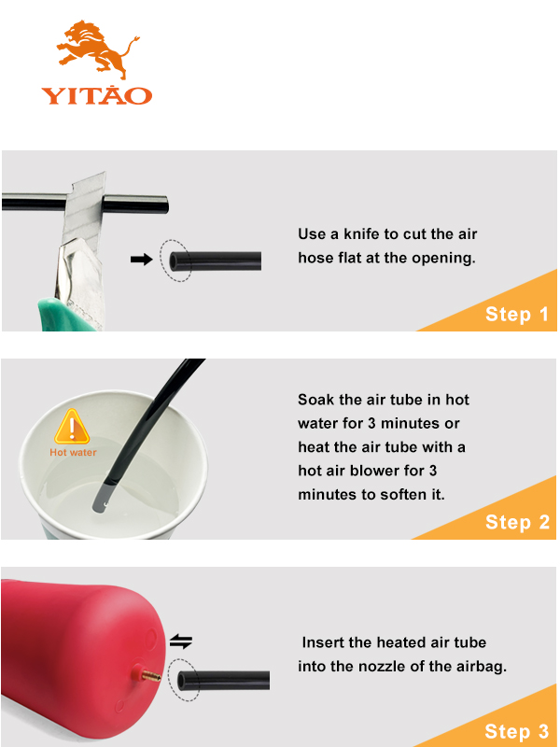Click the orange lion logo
(98, 49)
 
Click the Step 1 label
(517, 315)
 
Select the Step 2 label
(517, 522)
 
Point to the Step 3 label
(517, 731)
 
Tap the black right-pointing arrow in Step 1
(142, 260)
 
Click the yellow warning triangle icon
(72, 427)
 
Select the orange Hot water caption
(73, 453)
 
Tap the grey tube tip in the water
(101, 499)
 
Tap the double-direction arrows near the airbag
(181, 641)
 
